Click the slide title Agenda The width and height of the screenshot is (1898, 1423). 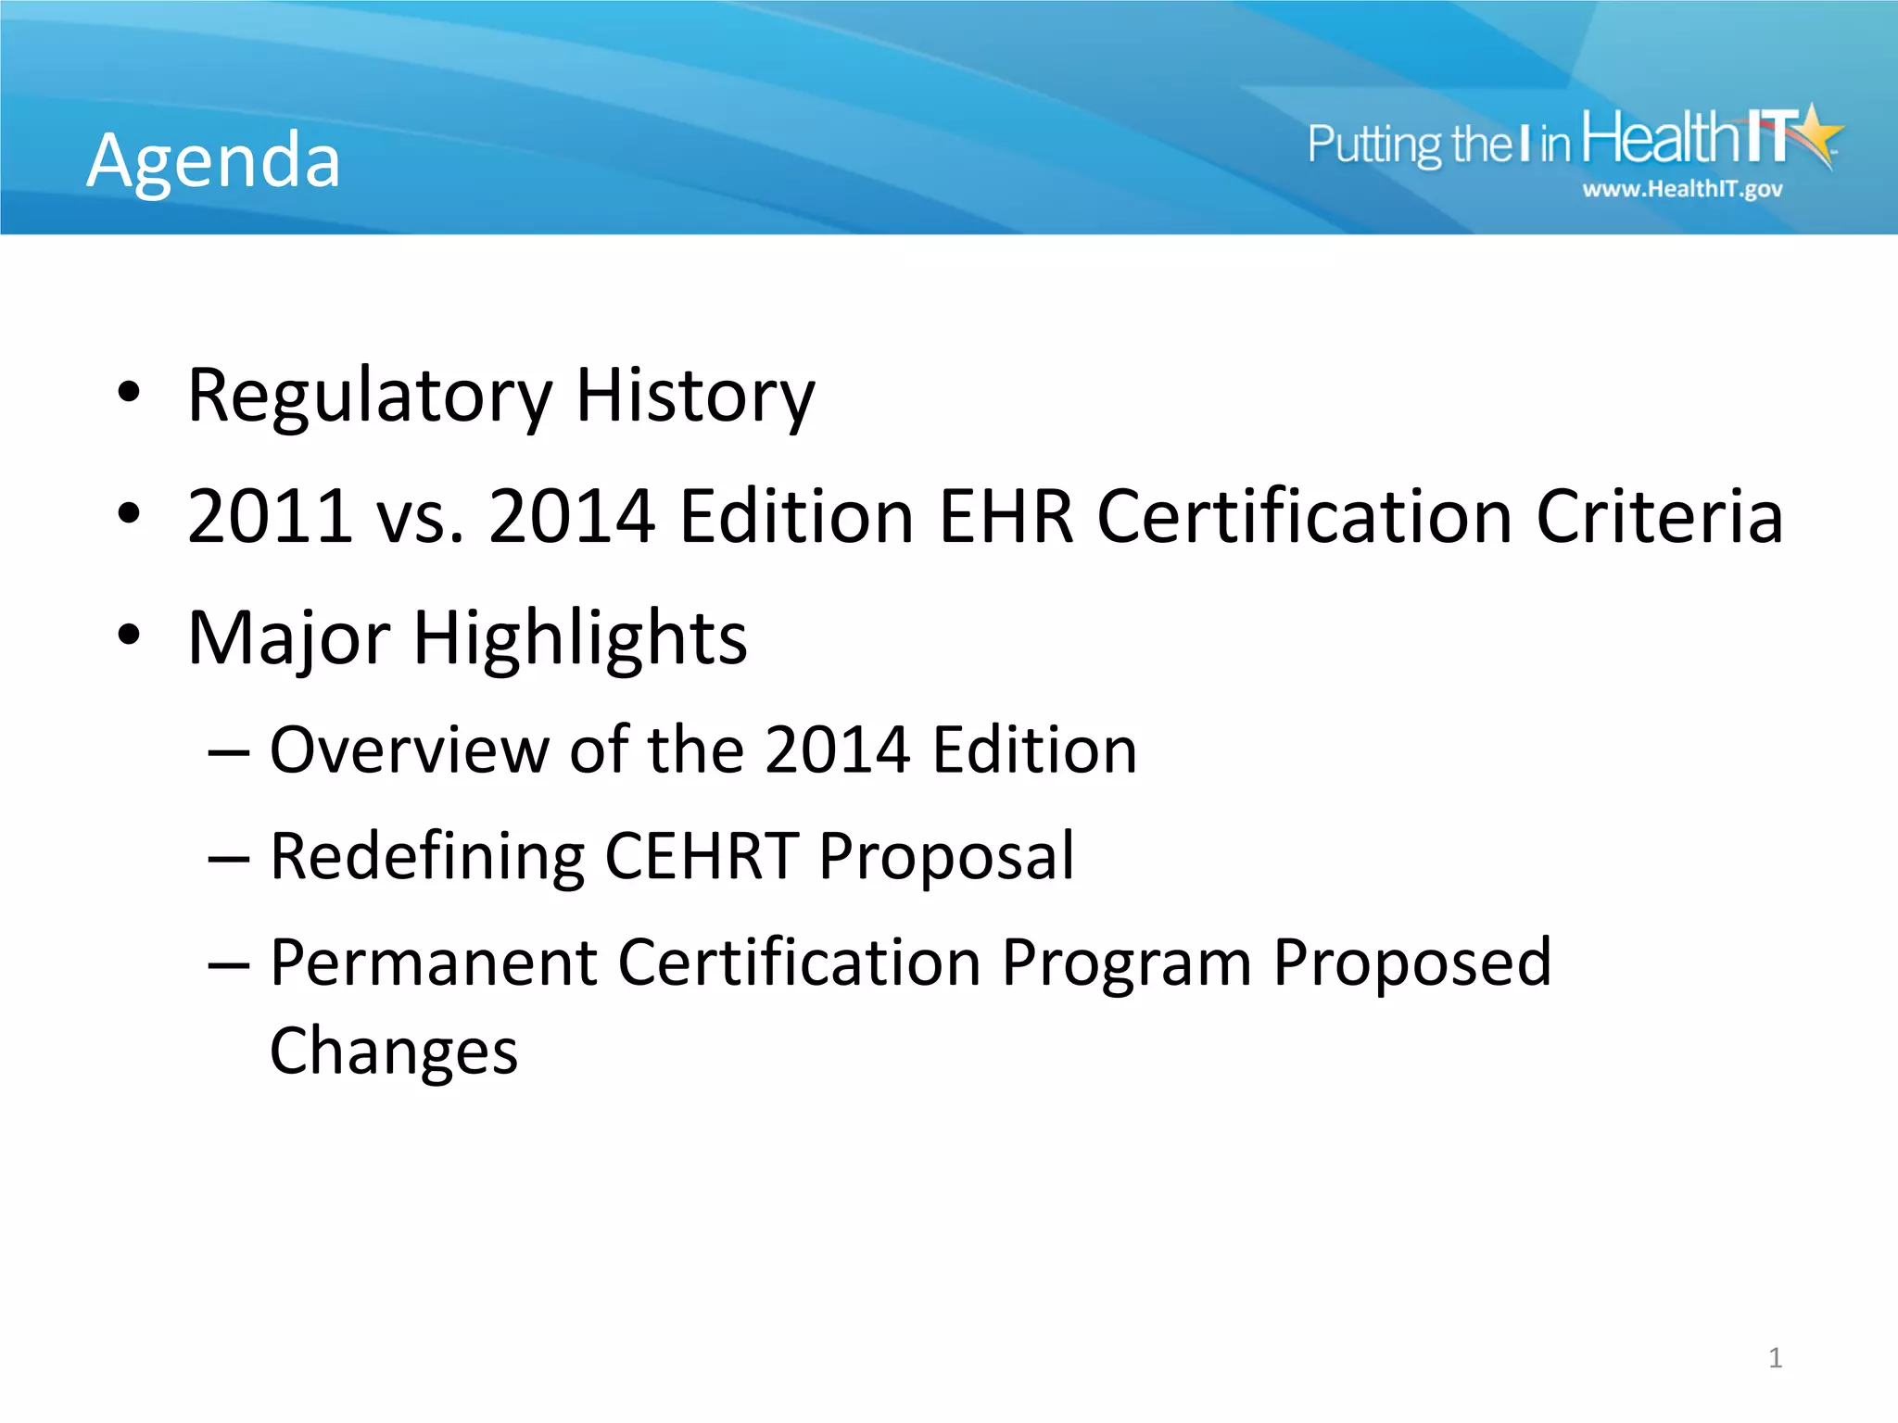pyautogui.click(x=214, y=161)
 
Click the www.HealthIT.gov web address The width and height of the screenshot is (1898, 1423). pyautogui.click(x=1682, y=190)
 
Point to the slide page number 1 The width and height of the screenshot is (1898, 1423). pyautogui.click(x=1775, y=1358)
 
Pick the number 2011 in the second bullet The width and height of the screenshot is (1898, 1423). pyautogui.click(x=270, y=516)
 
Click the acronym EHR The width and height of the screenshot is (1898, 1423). pyautogui.click(x=1006, y=516)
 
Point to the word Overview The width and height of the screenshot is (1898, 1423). pyautogui.click(x=409, y=749)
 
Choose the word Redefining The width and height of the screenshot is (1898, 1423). pyautogui.click(x=427, y=857)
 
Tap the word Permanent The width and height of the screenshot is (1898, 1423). pyautogui.click(x=433, y=963)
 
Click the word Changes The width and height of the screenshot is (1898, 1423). pyautogui.click(x=394, y=1052)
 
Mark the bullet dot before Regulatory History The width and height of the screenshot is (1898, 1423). pyautogui.click(x=129, y=393)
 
